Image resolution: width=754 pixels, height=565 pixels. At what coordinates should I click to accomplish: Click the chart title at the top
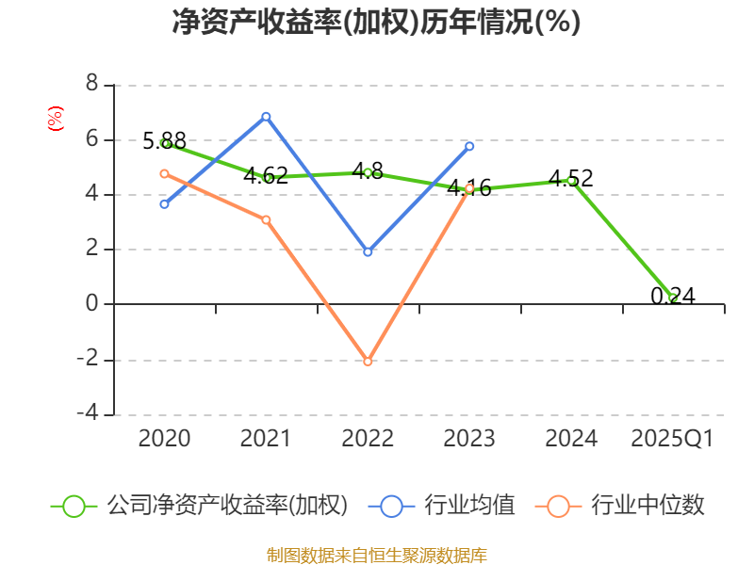[x=376, y=22]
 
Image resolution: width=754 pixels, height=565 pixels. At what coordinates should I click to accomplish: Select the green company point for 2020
[x=165, y=143]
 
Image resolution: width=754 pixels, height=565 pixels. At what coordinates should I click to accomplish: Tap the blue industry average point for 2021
[x=266, y=116]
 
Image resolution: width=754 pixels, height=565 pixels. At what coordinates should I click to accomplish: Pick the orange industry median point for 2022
[x=368, y=361]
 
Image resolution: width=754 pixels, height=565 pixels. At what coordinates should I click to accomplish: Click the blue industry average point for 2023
[x=469, y=146]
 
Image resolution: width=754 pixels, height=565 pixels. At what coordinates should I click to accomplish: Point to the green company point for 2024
[x=571, y=180]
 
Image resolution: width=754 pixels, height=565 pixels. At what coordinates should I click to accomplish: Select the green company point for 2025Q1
[x=673, y=299]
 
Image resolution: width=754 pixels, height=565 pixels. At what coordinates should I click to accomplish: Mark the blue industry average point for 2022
[x=368, y=252]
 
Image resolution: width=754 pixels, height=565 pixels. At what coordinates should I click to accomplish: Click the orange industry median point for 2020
[x=164, y=173]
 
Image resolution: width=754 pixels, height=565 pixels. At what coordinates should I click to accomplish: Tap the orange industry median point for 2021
[x=266, y=219]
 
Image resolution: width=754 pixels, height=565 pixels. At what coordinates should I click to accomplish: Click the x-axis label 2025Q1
[x=673, y=439]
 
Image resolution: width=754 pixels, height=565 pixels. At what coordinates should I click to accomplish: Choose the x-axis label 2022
[x=368, y=439]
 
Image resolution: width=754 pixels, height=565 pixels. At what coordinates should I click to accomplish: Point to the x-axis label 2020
[x=164, y=439]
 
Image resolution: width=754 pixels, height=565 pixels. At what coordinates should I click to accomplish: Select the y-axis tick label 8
[x=91, y=85]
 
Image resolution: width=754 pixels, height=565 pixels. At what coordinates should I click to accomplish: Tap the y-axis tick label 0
[x=91, y=304]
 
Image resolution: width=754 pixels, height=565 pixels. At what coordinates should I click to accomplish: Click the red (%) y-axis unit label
[x=55, y=119]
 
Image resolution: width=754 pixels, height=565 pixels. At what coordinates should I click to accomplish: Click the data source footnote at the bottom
[x=376, y=555]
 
